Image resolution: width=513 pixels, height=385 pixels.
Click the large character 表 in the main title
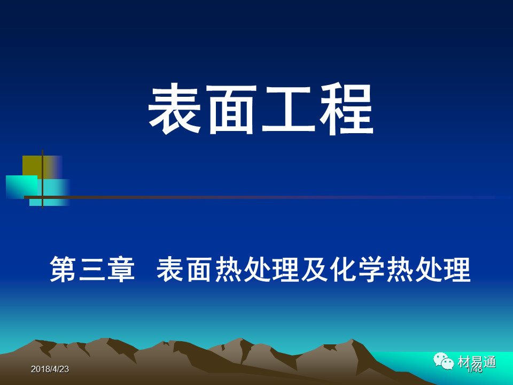(175, 110)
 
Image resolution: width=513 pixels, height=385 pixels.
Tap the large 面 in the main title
(232, 110)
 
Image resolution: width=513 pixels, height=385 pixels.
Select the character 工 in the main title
(289, 110)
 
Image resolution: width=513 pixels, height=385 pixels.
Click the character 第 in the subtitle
(64, 269)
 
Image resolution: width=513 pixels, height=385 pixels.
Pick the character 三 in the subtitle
(92, 269)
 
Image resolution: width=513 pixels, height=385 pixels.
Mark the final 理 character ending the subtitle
(457, 269)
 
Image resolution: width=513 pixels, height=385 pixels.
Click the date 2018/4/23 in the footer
(50, 369)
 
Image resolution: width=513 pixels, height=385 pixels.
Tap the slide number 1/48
(474, 369)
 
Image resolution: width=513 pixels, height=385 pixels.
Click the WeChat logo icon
(444, 361)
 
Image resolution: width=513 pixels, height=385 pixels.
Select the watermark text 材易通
(477, 361)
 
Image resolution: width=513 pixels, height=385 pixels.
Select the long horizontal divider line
(267, 197)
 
